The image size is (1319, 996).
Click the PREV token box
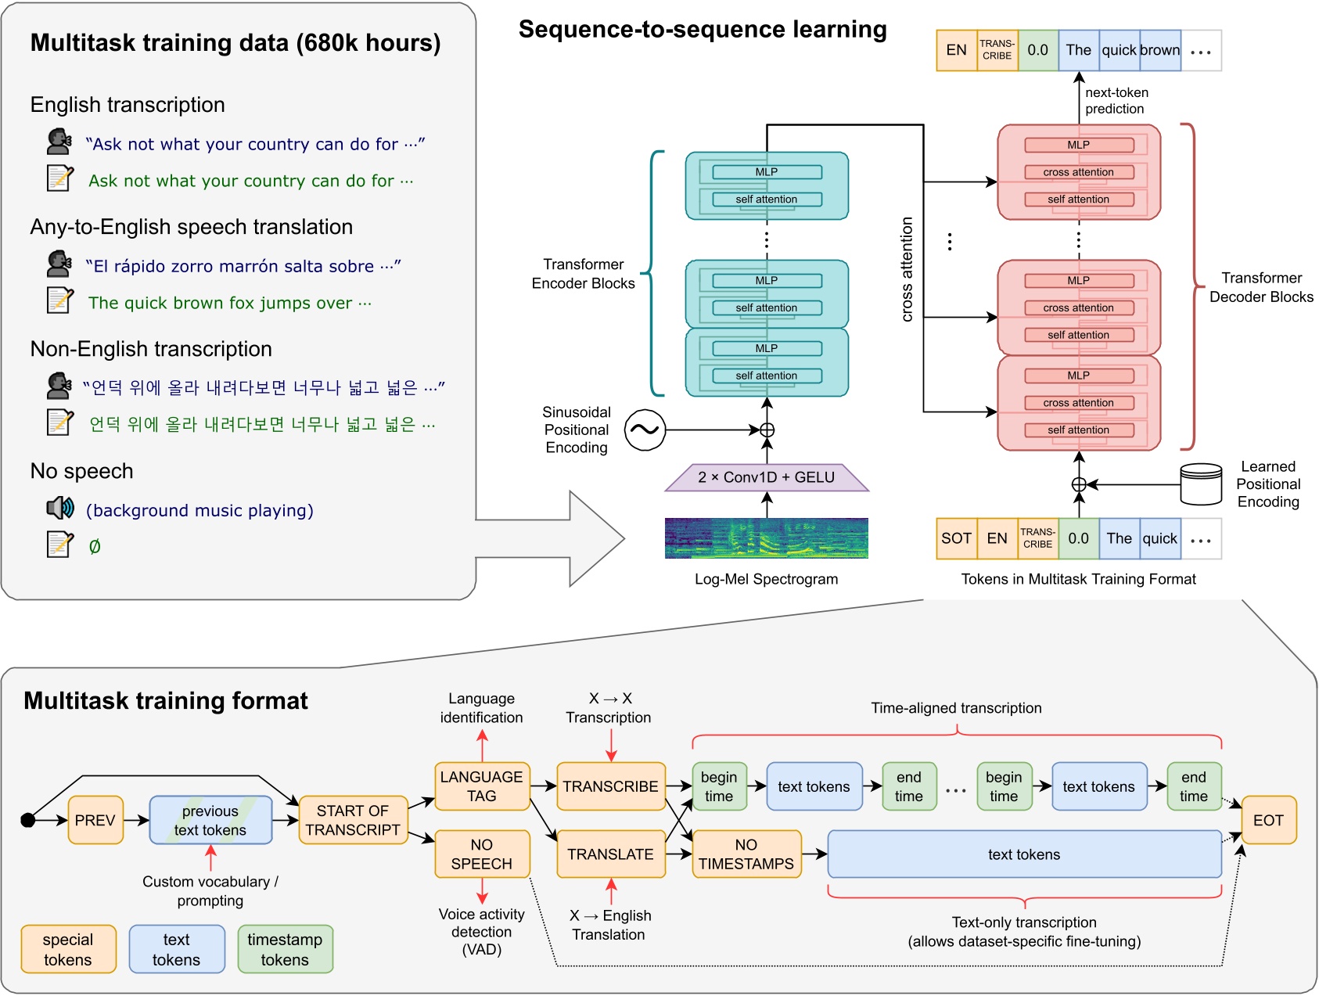click(x=95, y=820)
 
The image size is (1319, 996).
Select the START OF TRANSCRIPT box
click(x=353, y=820)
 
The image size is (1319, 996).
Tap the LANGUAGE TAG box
click(x=482, y=786)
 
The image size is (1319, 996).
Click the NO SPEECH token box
click(x=482, y=854)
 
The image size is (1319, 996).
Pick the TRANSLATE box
click(x=610, y=854)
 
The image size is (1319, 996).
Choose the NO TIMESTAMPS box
click(x=746, y=854)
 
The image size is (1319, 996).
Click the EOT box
click(x=1268, y=820)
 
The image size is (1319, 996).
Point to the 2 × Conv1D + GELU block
click(x=767, y=477)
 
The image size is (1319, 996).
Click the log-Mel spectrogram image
click(x=767, y=538)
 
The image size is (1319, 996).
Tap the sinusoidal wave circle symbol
click(x=645, y=430)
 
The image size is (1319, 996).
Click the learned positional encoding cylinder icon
click(x=1201, y=484)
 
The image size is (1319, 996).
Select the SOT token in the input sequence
click(x=957, y=538)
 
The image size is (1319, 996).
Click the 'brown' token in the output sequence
click(x=1160, y=50)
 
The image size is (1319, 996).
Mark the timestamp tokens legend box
click(x=285, y=949)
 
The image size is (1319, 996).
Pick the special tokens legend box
click(x=68, y=949)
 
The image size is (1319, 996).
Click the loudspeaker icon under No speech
click(x=59, y=509)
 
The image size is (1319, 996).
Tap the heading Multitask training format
click(x=166, y=700)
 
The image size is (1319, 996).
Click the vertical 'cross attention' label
click(x=907, y=269)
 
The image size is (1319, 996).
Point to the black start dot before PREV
click(x=28, y=820)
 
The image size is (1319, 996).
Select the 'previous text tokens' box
click(x=210, y=820)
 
